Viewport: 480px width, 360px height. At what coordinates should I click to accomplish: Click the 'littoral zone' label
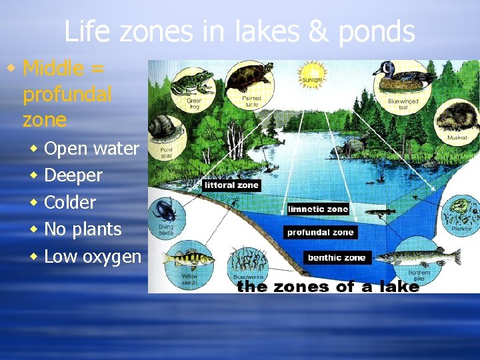pyautogui.click(x=231, y=185)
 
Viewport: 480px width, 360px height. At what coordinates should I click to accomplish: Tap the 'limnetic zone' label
pyautogui.click(x=318, y=209)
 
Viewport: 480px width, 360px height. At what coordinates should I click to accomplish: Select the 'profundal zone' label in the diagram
pyautogui.click(x=320, y=233)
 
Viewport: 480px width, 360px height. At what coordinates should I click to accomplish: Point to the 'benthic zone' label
pyautogui.click(x=337, y=257)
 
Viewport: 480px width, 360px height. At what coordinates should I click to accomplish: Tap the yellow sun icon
pyautogui.click(x=313, y=73)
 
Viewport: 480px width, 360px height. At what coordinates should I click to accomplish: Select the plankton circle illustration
pyautogui.click(x=462, y=211)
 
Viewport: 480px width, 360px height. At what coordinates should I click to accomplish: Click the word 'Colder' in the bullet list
pyautogui.click(x=70, y=202)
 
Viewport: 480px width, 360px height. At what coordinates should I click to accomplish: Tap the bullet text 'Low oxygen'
pyautogui.click(x=93, y=256)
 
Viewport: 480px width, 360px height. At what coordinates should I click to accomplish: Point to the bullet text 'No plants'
pyautogui.click(x=83, y=229)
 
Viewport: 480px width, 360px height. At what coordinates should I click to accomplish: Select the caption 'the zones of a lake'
pyautogui.click(x=328, y=287)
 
